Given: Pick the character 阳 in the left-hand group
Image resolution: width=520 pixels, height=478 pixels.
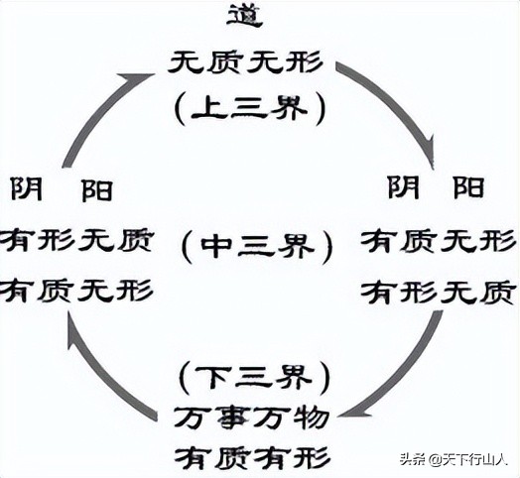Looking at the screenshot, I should coord(100,190).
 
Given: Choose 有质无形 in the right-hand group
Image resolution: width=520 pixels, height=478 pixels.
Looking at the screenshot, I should coord(438,241).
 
